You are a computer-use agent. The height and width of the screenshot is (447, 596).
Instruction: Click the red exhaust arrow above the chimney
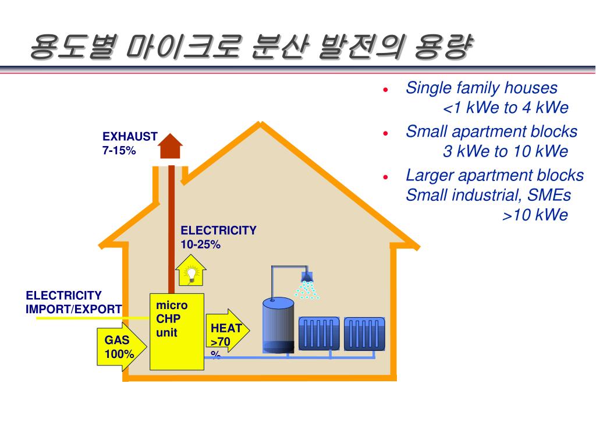(x=171, y=146)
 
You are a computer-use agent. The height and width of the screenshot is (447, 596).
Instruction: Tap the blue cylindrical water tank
(x=279, y=325)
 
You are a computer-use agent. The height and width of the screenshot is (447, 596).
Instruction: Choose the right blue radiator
(x=364, y=334)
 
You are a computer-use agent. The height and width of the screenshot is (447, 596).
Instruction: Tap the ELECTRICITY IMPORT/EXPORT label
(x=73, y=302)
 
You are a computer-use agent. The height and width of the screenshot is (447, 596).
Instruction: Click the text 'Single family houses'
(x=481, y=88)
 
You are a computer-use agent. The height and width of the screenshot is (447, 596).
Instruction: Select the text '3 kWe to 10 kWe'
(x=505, y=152)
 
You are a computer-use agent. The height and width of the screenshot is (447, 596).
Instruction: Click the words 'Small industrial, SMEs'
(x=488, y=195)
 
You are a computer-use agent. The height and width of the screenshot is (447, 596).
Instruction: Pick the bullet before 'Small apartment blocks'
(x=386, y=133)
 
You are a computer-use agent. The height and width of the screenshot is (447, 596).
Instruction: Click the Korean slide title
(x=250, y=47)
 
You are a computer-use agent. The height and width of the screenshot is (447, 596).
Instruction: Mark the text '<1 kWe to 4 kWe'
(x=505, y=108)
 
